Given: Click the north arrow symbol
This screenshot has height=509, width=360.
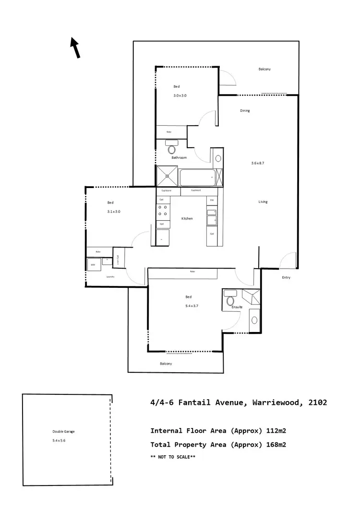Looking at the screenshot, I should [75, 48].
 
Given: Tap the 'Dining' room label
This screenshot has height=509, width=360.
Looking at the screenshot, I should [245, 111].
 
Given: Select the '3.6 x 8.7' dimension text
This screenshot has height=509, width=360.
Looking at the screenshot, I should [258, 163].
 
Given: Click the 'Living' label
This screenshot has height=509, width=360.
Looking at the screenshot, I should [263, 202].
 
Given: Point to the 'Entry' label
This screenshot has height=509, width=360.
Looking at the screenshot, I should [286, 278].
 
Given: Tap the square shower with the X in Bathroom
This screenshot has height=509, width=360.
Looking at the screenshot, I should [167, 176].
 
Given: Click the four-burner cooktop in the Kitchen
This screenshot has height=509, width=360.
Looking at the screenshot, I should [162, 210].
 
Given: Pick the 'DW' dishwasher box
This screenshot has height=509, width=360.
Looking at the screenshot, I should [212, 200].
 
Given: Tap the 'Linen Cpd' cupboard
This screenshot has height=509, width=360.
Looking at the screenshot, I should [119, 259].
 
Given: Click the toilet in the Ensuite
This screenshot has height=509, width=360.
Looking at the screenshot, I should [230, 299].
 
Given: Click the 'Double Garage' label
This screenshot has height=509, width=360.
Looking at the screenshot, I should [63, 431].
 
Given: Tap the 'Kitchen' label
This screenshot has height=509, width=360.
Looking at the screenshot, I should [187, 219].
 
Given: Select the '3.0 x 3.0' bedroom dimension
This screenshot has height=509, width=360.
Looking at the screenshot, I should [180, 95].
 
